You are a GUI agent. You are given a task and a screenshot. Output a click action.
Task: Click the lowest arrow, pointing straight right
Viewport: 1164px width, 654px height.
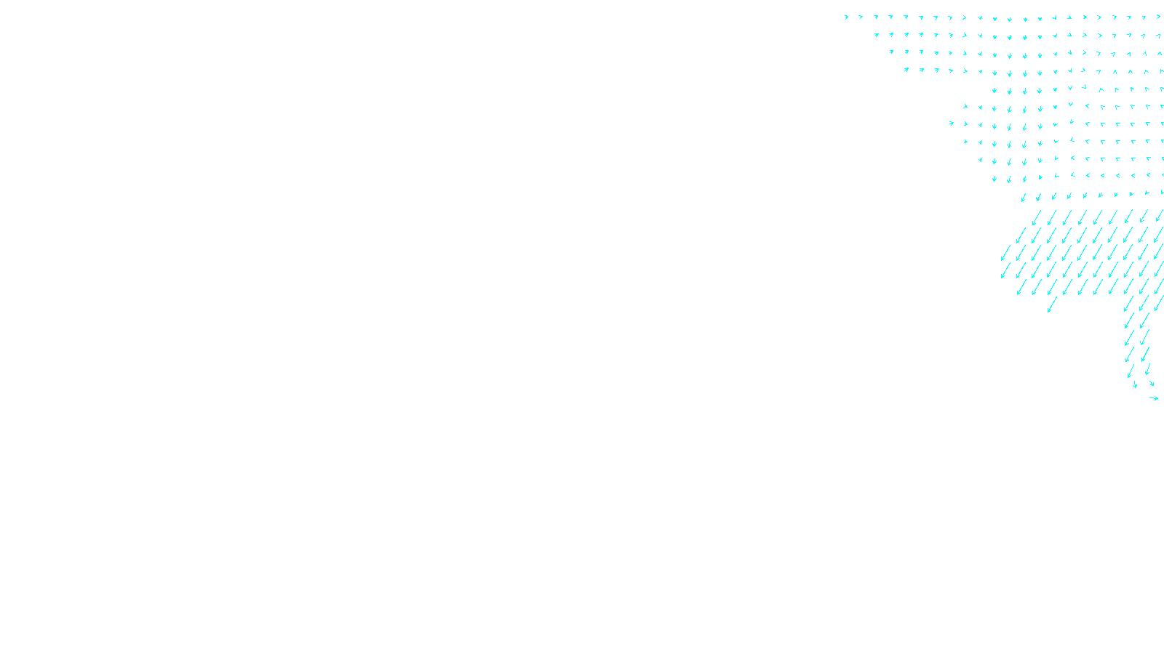coord(1154,398)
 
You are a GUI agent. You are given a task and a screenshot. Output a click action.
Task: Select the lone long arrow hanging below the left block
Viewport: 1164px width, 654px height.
coord(1052,304)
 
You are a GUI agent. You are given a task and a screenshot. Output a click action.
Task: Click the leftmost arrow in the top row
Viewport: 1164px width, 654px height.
coord(846,17)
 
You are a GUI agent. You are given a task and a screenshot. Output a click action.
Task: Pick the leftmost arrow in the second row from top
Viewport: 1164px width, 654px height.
coord(877,34)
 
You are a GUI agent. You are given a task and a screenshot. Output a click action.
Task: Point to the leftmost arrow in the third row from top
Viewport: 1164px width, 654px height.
coord(891,52)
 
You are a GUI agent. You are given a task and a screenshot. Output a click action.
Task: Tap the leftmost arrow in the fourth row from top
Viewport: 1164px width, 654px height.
coord(906,70)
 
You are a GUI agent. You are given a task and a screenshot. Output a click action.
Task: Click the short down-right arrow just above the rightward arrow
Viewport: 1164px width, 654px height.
coord(1151,383)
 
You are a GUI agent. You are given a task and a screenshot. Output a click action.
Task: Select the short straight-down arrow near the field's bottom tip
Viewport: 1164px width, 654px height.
coord(1135,384)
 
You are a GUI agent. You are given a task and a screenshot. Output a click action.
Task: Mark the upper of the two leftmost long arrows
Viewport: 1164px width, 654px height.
coord(1006,253)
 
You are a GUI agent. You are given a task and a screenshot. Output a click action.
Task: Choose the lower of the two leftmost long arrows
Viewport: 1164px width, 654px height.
coord(1006,270)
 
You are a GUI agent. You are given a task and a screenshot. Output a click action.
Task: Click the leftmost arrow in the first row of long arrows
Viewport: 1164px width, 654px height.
coord(1037,217)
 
